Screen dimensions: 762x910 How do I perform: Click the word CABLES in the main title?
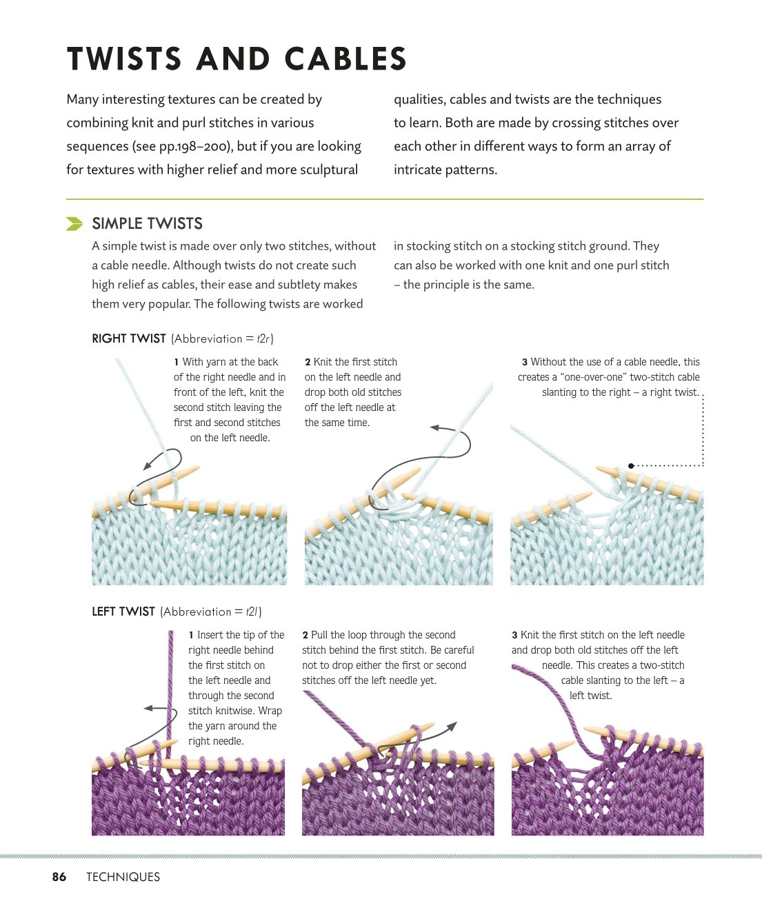pyautogui.click(x=345, y=59)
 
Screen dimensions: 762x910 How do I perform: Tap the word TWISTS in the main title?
pyautogui.click(x=124, y=59)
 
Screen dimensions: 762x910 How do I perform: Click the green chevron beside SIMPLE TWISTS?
pyautogui.click(x=74, y=223)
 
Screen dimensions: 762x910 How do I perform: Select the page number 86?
pyautogui.click(x=59, y=876)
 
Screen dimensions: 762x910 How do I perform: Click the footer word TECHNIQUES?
pyautogui.click(x=123, y=876)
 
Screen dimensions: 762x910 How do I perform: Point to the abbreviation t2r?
pyautogui.click(x=263, y=338)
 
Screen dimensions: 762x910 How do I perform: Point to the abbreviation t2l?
pyautogui.click(x=252, y=611)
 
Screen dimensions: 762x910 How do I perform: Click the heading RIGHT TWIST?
pyautogui.click(x=128, y=338)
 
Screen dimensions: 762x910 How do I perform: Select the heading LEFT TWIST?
pyautogui.click(x=123, y=611)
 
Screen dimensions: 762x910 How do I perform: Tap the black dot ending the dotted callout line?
pyautogui.click(x=631, y=466)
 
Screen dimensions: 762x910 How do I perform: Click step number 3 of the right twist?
pyautogui.click(x=524, y=362)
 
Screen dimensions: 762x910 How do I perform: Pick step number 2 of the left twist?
pyautogui.click(x=305, y=635)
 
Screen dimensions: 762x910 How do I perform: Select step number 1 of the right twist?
pyautogui.click(x=176, y=362)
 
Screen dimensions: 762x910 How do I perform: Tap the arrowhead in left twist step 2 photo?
pyautogui.click(x=452, y=725)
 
